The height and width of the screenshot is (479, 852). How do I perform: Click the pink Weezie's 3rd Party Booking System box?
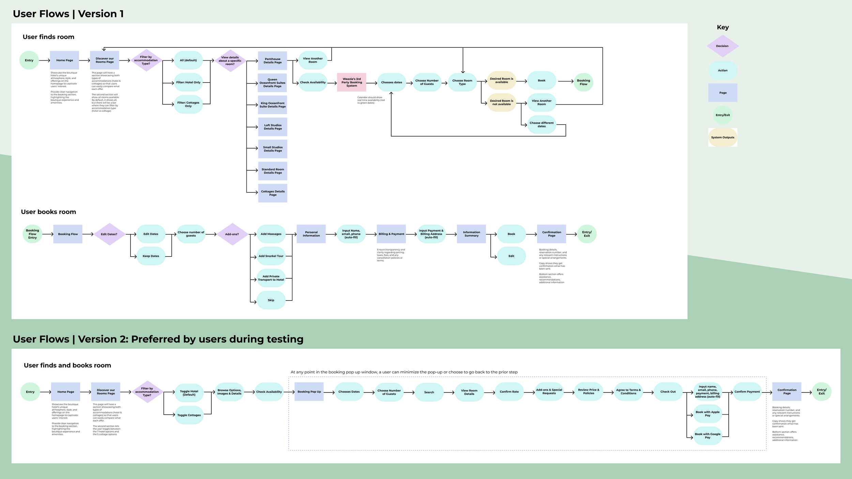[x=351, y=82]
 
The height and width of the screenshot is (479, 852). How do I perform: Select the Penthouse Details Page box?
[x=273, y=61]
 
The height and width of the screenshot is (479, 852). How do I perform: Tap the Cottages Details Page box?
[x=273, y=193]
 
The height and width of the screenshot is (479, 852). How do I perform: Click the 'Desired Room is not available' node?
[x=501, y=103]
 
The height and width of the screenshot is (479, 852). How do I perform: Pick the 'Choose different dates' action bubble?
[x=542, y=125]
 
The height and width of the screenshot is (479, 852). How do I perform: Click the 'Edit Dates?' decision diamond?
[x=109, y=234]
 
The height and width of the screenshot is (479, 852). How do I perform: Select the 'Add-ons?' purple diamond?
[x=232, y=234]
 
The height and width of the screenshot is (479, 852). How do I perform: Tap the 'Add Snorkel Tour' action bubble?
[x=271, y=256]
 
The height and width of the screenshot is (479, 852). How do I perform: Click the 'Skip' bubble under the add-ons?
[x=271, y=300]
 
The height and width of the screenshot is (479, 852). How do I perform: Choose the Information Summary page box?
[x=471, y=234]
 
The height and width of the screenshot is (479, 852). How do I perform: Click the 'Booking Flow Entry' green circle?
[x=32, y=234]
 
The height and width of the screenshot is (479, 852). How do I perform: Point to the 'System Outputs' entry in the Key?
[x=722, y=138]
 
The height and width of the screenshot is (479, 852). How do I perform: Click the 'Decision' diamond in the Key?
[x=722, y=46]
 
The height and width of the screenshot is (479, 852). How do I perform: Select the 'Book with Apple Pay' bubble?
[x=708, y=414]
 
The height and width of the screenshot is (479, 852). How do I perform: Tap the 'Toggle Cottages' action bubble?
[x=189, y=415]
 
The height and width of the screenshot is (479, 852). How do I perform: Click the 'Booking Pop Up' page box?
[x=309, y=392]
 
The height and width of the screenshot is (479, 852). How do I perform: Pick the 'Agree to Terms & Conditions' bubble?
[x=628, y=392]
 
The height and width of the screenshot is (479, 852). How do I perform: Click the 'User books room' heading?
[x=48, y=212]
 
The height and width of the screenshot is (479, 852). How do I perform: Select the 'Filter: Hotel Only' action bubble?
[x=188, y=82]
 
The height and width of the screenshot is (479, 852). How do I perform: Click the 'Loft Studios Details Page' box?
[x=273, y=127]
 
